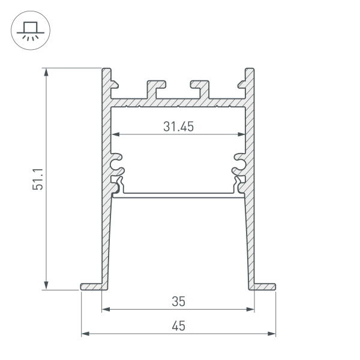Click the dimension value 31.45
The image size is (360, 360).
178,127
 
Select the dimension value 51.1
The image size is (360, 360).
38,179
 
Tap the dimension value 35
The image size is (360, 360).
178,300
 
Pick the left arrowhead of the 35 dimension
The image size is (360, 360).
106,310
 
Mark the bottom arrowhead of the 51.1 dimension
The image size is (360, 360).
46,286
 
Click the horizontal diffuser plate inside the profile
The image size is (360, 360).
178,194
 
